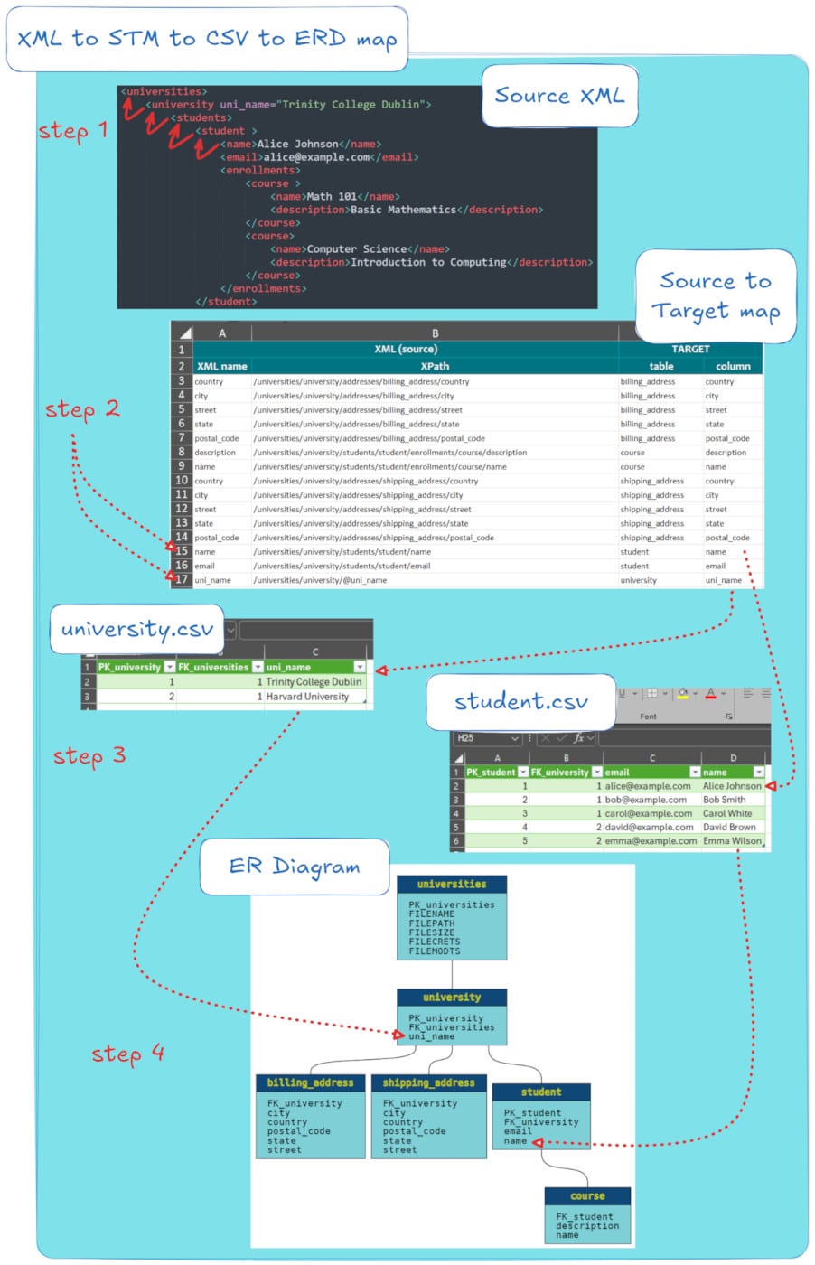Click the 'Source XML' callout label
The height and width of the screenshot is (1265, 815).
559,96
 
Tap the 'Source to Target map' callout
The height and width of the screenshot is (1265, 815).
716,295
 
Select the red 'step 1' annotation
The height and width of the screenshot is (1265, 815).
73,131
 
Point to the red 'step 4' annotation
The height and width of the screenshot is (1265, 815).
127,1054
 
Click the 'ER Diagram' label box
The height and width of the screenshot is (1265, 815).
294,867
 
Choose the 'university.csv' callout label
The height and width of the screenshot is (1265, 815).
137,629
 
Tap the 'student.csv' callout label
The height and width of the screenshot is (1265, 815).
520,701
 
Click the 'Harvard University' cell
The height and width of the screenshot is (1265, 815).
307,697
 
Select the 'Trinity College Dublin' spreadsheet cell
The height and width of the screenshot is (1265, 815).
314,682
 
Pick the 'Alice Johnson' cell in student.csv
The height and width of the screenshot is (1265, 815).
732,786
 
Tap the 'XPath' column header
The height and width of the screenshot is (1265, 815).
435,366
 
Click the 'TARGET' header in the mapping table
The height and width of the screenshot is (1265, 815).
690,349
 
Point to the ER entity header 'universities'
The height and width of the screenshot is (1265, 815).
452,885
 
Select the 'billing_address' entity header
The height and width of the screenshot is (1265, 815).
310,1082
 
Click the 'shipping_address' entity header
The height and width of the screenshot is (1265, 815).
428,1082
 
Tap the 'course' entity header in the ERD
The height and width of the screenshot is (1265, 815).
587,1196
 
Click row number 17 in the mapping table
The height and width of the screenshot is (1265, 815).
182,579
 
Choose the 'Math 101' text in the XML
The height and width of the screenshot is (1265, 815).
332,196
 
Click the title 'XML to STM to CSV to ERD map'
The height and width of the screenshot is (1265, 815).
207,39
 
